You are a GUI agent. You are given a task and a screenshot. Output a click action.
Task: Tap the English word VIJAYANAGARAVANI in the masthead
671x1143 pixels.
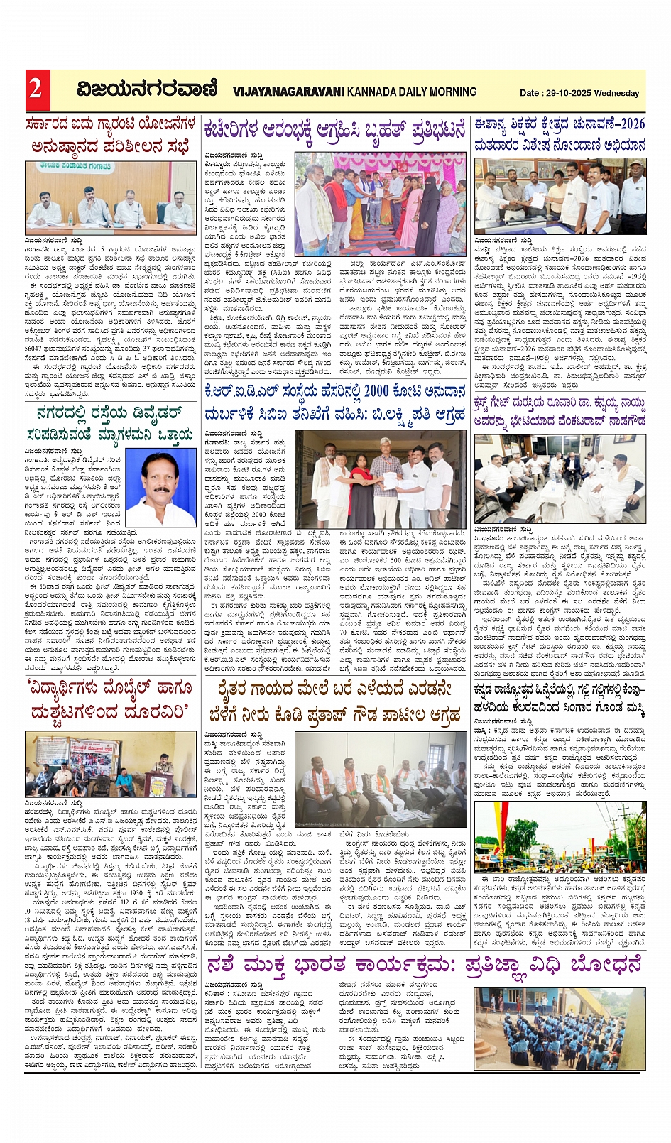pyautogui.click(x=288, y=92)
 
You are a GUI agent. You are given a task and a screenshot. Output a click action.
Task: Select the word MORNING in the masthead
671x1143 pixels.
pyautogui.click(x=449, y=92)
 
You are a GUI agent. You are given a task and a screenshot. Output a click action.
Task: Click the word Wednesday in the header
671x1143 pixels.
pyautogui.click(x=617, y=93)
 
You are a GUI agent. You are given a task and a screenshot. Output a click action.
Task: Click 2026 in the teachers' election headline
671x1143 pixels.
pyautogui.click(x=630, y=124)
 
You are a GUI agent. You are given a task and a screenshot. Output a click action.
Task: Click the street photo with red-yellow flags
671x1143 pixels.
pyautogui.click(x=560, y=836)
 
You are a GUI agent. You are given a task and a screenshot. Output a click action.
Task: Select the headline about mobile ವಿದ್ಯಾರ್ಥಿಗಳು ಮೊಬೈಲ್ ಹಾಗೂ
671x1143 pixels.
pyautogui.click(x=110, y=688)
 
